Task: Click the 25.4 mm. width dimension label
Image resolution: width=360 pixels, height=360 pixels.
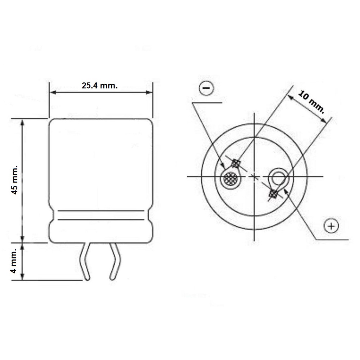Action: click(99, 86)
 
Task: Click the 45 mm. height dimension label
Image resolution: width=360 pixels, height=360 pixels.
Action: click(14, 180)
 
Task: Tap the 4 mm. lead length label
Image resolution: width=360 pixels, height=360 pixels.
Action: click(14, 261)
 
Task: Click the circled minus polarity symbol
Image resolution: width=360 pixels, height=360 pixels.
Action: click(206, 88)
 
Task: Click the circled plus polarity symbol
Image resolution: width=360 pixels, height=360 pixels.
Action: click(331, 226)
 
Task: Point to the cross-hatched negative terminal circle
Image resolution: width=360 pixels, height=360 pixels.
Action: click(231, 178)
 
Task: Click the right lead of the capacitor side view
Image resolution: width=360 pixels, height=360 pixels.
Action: click(115, 262)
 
